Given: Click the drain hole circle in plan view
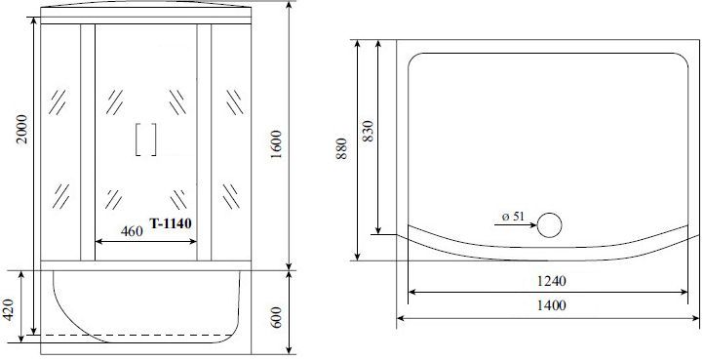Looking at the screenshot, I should pyautogui.click(x=551, y=224).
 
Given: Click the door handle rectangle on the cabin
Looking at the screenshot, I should pyautogui.click(x=146, y=139).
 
